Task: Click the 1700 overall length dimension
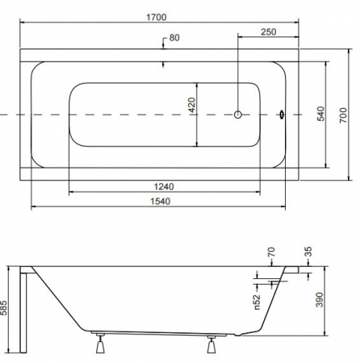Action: click(x=157, y=17)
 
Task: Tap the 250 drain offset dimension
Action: click(x=269, y=31)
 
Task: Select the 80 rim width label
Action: click(x=174, y=38)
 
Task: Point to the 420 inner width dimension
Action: click(x=191, y=105)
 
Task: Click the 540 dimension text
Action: click(x=320, y=114)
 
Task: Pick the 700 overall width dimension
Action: click(x=343, y=115)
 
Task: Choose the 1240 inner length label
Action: click(x=164, y=186)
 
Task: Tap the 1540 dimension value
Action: click(x=160, y=201)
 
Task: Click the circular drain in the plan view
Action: click(x=238, y=115)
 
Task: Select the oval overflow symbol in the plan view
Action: click(x=282, y=115)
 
